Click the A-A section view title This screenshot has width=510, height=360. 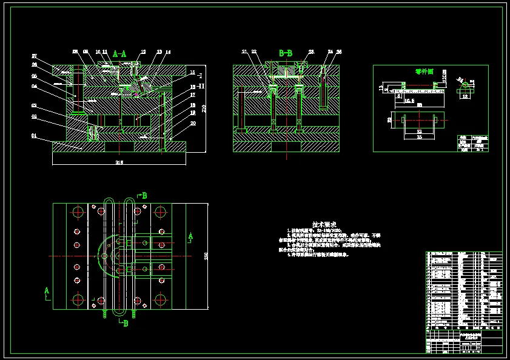pyautogui.click(x=119, y=54)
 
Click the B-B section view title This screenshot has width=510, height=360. pyautogui.click(x=286, y=53)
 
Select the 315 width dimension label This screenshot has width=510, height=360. pyautogui.click(x=119, y=162)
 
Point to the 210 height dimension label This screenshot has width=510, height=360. pyautogui.click(x=204, y=108)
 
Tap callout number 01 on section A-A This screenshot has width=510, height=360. pyautogui.click(x=35, y=136)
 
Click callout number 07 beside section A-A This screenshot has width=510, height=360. pyautogui.click(x=35, y=56)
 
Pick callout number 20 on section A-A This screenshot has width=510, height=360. pyautogui.click(x=193, y=122)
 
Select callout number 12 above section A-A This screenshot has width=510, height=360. pyautogui.click(x=143, y=52)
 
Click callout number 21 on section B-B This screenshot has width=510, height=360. pyautogui.click(x=244, y=52)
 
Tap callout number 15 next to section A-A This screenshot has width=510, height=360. pyautogui.click(x=192, y=72)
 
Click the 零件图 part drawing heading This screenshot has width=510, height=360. pyautogui.click(x=424, y=72)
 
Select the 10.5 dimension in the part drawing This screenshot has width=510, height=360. pyautogui.click(x=409, y=101)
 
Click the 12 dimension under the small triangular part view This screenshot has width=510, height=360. pyautogui.click(x=465, y=96)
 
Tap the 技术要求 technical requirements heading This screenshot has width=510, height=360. pyautogui.click(x=323, y=224)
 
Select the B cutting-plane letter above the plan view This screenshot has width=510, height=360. pyautogui.click(x=144, y=195)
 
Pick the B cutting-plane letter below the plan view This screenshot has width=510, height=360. pyautogui.click(x=126, y=324)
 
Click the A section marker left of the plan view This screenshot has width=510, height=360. pyautogui.click(x=46, y=291)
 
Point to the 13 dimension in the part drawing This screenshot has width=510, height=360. pyautogui.click(x=381, y=88)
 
